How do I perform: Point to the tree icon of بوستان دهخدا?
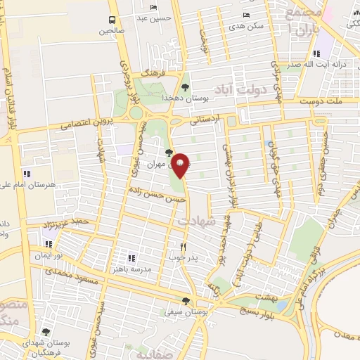click(185, 87)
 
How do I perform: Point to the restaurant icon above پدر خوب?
click(184, 247)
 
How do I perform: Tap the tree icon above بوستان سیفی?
click(185, 300)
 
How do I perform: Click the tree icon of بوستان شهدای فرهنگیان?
click(46, 332)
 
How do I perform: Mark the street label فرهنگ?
click(152, 72)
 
